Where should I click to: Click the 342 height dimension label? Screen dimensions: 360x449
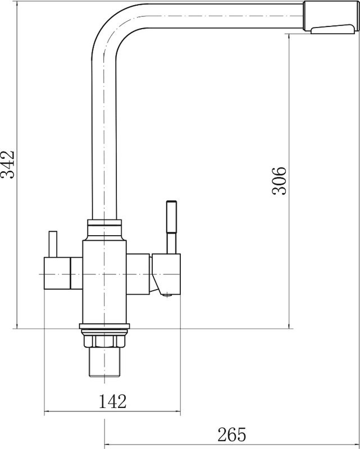coord(7,164)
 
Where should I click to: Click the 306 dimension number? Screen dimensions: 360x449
coord(279,181)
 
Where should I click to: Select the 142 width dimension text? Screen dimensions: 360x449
coord(112,401)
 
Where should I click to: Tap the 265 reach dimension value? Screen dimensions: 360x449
coord(231,434)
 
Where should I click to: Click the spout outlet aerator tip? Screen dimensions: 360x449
coord(334,29)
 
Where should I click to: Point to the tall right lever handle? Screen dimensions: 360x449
coord(171,227)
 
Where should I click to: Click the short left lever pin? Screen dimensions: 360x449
coord(53,244)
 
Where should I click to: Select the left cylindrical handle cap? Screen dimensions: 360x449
coord(57,273)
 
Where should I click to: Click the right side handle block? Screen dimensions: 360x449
coord(166,274)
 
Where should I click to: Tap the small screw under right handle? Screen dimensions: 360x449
coord(166,295)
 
